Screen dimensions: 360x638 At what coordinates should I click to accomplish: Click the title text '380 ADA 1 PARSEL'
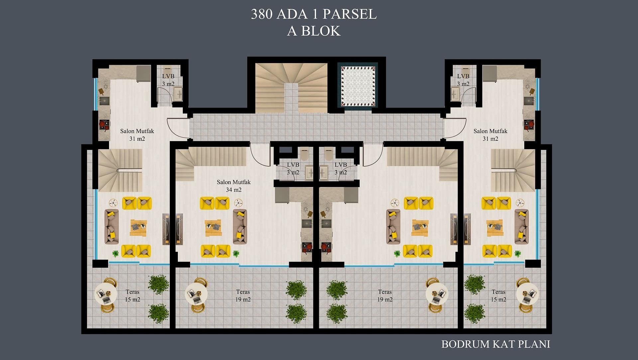coord(313,14)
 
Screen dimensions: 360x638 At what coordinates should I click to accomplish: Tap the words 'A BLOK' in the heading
coord(313,31)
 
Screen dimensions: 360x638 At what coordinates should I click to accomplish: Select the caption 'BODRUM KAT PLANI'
coord(495,344)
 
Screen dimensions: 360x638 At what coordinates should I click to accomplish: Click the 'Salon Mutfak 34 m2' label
coord(234,186)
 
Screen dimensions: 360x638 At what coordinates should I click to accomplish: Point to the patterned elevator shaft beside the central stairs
coord(358,86)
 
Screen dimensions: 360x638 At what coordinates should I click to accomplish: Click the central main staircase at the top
coord(291,87)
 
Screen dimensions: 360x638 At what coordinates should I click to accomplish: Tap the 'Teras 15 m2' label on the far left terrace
coord(132,296)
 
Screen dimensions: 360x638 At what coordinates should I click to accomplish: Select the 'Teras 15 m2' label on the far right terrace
coord(498,296)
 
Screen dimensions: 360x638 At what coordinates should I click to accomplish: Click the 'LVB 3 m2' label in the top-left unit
coord(168,80)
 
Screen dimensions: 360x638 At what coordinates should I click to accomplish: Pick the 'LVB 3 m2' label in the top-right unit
coord(463,80)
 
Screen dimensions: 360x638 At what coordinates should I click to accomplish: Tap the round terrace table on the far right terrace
coord(527,294)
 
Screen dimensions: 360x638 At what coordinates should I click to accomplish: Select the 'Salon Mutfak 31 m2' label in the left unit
coord(137,135)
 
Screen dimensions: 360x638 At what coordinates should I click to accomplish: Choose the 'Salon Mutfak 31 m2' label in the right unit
coord(490,135)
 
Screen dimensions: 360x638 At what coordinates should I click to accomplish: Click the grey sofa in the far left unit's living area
coord(112,227)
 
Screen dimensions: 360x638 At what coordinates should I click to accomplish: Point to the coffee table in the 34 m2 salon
coord(213,228)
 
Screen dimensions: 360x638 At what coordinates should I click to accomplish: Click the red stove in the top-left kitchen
coord(104,125)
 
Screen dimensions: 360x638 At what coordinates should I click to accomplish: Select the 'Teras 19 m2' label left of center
coord(243,296)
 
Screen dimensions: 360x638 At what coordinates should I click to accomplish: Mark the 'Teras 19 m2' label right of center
coord(385,296)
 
